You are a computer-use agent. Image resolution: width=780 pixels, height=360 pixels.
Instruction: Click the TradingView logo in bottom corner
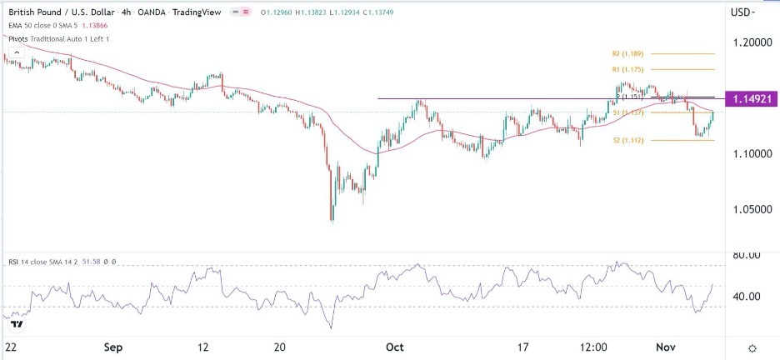15,323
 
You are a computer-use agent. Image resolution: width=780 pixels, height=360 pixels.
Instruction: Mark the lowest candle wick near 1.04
332,222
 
